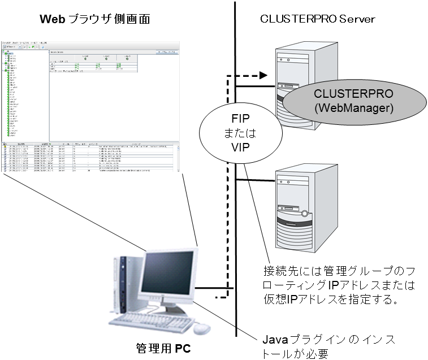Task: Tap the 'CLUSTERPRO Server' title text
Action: (318, 19)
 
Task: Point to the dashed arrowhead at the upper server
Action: (263, 75)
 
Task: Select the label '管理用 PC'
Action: (163, 348)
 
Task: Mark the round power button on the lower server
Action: (305, 214)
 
